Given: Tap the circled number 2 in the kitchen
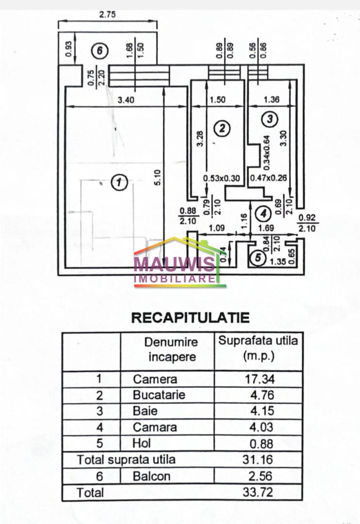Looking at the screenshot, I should tap(222, 129).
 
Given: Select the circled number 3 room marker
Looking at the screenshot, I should tap(270, 118).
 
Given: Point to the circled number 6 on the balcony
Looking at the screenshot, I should tap(99, 50).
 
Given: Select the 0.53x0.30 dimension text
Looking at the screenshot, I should tap(222, 178).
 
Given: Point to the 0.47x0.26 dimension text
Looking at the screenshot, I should tap(268, 178).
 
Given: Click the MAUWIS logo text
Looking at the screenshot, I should tap(175, 264).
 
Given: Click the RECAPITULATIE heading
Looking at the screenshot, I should tap(191, 318).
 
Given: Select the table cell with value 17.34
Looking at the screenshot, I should tap(259, 379).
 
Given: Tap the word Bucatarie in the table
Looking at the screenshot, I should tap(159, 395).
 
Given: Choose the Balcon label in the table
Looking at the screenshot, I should tap(152, 476).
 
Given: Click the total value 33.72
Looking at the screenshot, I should tap(259, 492).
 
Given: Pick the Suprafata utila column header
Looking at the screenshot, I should tap(258, 348).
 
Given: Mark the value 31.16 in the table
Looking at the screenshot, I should tap(259, 459).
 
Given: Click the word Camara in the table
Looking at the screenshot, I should tap(155, 427).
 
